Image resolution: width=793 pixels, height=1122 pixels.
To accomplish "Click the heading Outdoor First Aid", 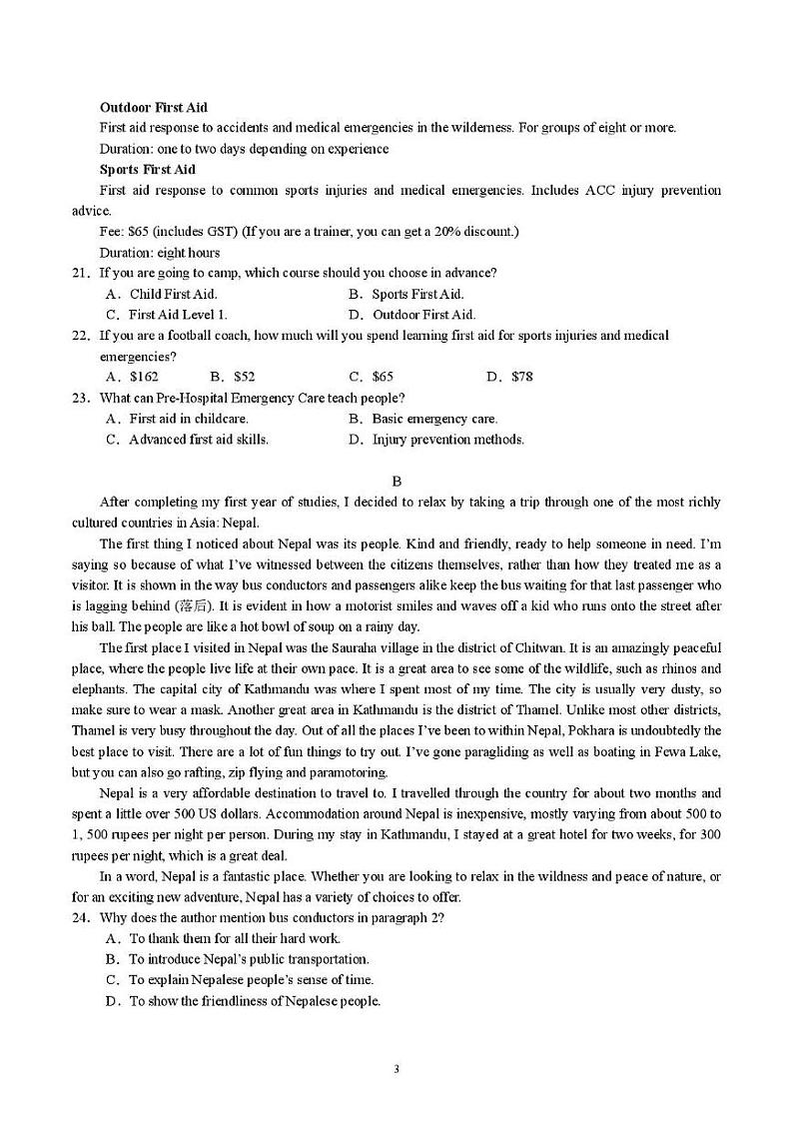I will click(x=154, y=107).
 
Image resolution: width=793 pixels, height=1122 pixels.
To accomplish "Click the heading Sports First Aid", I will click(x=148, y=169).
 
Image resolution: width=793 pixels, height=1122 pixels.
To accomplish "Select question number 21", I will click(x=80, y=273).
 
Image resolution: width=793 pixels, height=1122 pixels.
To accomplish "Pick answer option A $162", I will click(x=133, y=377).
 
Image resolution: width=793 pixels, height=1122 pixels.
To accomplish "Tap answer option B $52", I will click(x=233, y=377).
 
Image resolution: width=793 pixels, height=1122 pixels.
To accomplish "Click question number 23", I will click(x=80, y=398).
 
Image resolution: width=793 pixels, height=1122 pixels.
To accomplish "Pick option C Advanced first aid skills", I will click(x=187, y=440).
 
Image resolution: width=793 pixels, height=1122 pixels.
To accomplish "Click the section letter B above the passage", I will click(x=396, y=481).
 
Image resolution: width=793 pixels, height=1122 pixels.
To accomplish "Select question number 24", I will click(x=80, y=917).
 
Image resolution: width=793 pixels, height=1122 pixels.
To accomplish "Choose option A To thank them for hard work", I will click(x=223, y=938).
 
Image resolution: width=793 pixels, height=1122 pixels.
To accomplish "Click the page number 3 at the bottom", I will click(x=396, y=1069).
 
